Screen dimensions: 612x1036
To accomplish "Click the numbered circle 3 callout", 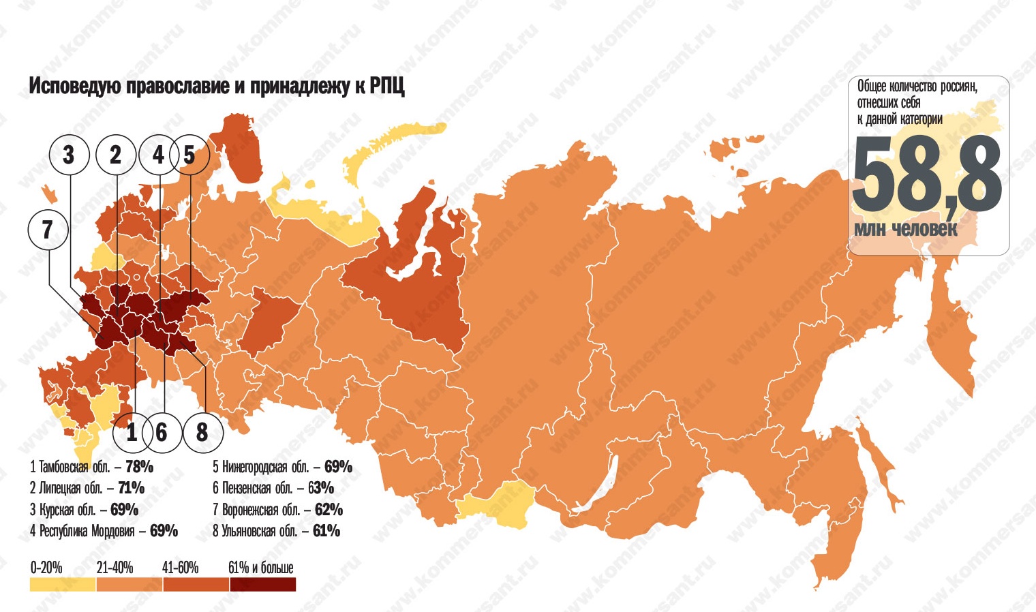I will click(69, 155).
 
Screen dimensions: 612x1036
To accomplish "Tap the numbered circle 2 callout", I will click(115, 155).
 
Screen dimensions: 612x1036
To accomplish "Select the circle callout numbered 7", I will click(48, 230).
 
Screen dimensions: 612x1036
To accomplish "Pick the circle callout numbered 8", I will click(202, 432).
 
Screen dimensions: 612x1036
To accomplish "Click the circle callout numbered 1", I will click(132, 432).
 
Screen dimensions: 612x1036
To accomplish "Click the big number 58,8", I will click(926, 176).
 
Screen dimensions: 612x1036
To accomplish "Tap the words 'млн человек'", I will click(905, 230).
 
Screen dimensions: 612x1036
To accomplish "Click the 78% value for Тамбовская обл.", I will click(139, 467).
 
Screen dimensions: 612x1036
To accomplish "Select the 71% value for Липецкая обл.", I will click(131, 488).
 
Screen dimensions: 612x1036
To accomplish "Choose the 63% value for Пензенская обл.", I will click(320, 488).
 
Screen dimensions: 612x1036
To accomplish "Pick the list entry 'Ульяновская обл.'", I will click(259, 531).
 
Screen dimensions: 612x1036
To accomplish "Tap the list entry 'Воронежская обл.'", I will click(260, 510).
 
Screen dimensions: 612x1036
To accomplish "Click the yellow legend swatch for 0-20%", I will click(63, 585).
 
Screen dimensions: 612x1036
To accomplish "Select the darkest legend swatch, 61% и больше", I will click(262, 585).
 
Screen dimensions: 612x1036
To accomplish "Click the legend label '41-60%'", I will click(180, 568).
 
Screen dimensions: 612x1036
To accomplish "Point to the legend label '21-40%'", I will click(115, 568).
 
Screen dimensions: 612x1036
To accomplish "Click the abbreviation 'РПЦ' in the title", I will click(387, 87).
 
